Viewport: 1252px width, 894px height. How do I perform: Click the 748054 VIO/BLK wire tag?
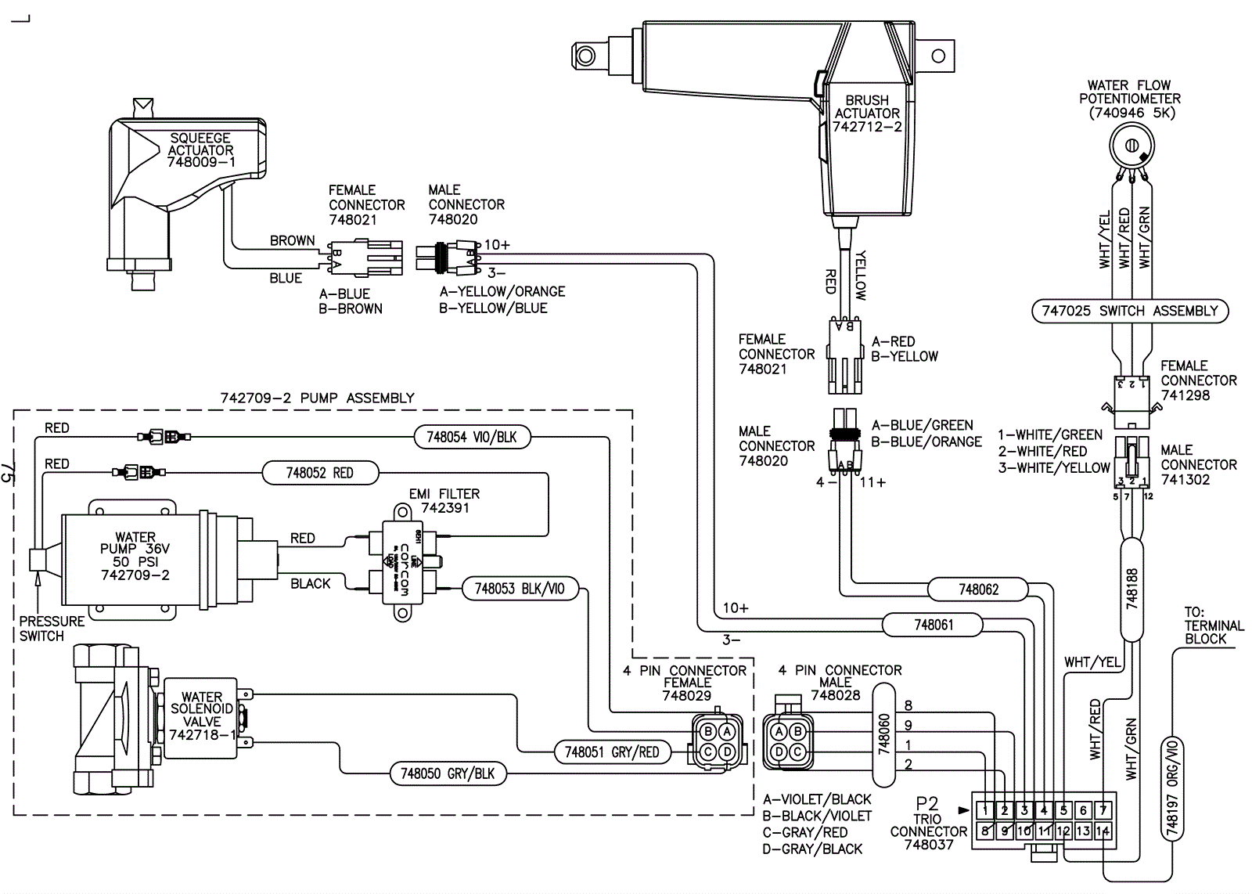click(x=472, y=437)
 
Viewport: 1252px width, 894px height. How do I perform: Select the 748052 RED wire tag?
click(x=320, y=473)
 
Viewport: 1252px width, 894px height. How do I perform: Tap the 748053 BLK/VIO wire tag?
click(x=520, y=589)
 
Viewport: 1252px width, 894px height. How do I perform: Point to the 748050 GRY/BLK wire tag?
click(x=448, y=773)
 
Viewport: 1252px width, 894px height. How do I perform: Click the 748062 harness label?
click(x=979, y=589)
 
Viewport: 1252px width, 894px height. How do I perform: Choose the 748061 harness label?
click(x=934, y=625)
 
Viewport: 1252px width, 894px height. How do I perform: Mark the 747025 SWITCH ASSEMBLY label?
click(x=1130, y=311)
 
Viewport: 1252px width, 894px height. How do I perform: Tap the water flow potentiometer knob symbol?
click(x=1130, y=146)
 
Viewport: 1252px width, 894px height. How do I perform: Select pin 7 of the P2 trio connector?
click(x=1103, y=810)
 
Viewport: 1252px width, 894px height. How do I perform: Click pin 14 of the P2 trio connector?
click(x=1103, y=831)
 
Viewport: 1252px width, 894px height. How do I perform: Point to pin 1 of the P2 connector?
click(x=986, y=810)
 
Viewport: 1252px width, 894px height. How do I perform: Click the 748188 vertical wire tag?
click(x=1131, y=588)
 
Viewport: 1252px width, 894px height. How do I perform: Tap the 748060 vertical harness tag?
click(x=884, y=734)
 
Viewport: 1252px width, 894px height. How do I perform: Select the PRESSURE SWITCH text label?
click(x=52, y=629)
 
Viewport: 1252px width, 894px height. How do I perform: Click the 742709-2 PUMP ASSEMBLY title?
click(x=317, y=398)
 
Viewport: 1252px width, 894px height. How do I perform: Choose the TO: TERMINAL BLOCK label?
click(x=1214, y=625)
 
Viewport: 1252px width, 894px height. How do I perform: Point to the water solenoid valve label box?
click(x=201, y=717)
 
